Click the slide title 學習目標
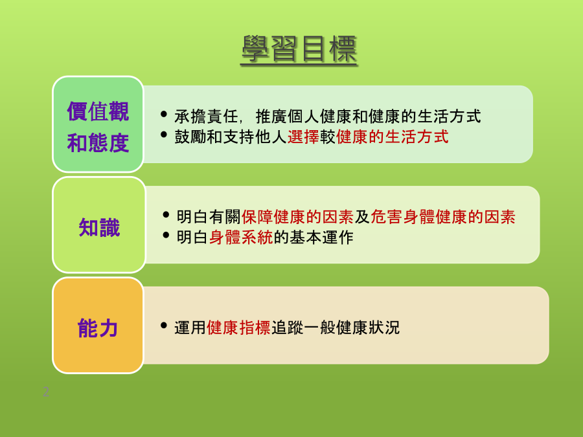pos(299,50)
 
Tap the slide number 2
pos(46,392)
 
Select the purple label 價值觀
pos(98,111)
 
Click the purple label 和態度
pos(98,143)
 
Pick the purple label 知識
pos(99,227)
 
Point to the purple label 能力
pos(98,328)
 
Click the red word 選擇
pos(303,137)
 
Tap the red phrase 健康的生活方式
pos(393,137)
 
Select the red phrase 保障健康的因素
pos(297,217)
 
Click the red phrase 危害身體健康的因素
pos(443,217)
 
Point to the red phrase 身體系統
pos(241,238)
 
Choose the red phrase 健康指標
pos(238,328)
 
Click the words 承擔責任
pos(207,117)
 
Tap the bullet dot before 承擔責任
pos(164,114)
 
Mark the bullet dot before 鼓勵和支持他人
pos(164,135)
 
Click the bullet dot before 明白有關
pos(166,215)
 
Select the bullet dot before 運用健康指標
pos(164,326)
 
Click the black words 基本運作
pos(321,238)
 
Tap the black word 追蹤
pos(287,328)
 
